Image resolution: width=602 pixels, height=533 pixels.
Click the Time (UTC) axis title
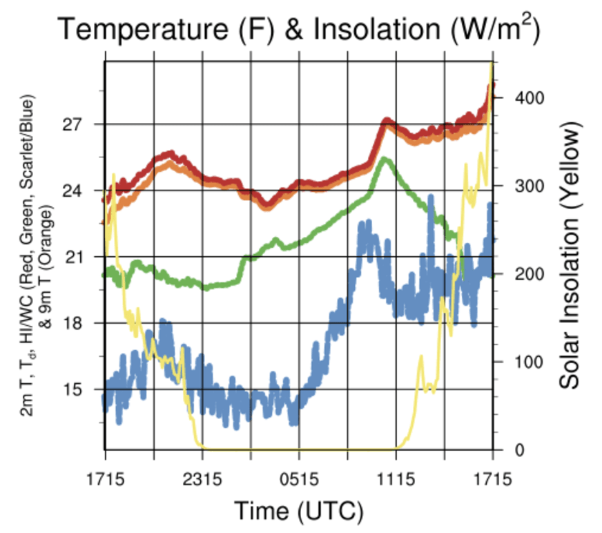(x=298, y=512)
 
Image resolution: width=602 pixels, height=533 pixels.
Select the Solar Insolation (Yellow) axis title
(x=570, y=256)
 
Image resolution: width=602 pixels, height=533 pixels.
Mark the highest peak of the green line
(x=385, y=159)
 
